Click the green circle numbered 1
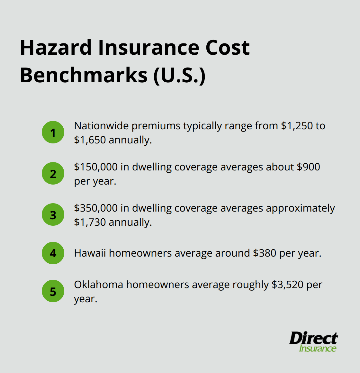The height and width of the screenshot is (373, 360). tap(53, 132)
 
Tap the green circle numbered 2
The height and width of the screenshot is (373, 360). tap(53, 173)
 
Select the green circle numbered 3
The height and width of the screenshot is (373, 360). tap(53, 214)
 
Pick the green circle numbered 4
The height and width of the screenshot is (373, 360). tap(53, 253)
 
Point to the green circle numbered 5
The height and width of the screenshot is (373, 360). tap(53, 291)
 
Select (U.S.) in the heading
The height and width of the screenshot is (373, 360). tap(179, 75)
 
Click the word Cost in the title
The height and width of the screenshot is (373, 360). tap(227, 48)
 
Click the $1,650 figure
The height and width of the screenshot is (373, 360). tap(90, 140)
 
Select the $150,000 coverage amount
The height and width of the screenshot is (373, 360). tap(96, 167)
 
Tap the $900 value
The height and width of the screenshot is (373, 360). tap(308, 167)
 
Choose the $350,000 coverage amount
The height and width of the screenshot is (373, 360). tap(96, 208)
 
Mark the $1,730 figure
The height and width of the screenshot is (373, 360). tap(90, 222)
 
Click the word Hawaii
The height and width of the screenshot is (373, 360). tap(90, 253)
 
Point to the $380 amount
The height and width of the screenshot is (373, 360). tap(265, 253)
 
